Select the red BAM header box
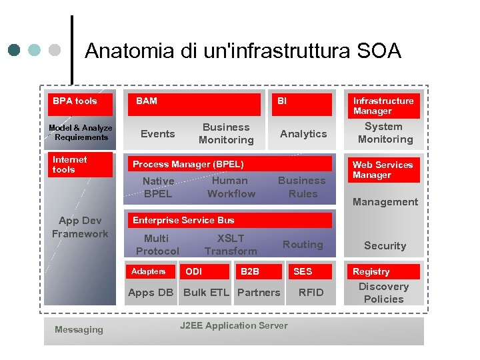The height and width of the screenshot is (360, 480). pyautogui.click(x=194, y=104)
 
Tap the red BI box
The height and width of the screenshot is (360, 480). pyautogui.click(x=301, y=104)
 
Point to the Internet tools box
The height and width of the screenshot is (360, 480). pyautogui.click(x=80, y=165)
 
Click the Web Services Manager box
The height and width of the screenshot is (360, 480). pyautogui.click(x=383, y=170)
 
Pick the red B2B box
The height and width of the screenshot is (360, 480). pyautogui.click(x=259, y=272)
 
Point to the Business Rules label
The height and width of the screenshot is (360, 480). pyautogui.click(x=302, y=187)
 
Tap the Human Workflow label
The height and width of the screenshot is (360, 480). pyautogui.click(x=231, y=187)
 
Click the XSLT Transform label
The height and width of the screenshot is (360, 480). pyautogui.click(x=231, y=245)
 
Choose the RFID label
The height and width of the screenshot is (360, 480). pyautogui.click(x=311, y=293)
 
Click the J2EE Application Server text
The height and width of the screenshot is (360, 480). pyautogui.click(x=234, y=326)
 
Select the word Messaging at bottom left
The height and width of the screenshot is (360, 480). pyautogui.click(x=79, y=329)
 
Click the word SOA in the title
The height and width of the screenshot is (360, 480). pyautogui.click(x=379, y=51)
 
